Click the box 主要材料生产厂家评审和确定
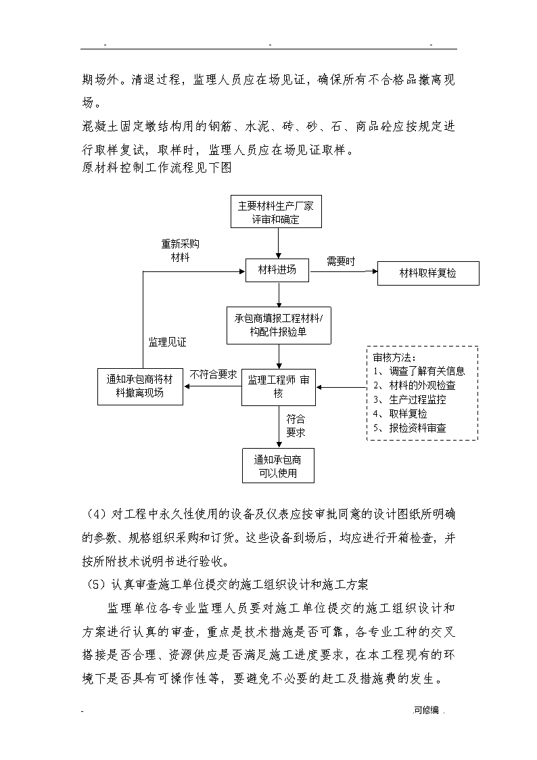coord(276,212)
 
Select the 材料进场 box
coord(277,270)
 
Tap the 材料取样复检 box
coord(428,273)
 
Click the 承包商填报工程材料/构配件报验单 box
coord(279,326)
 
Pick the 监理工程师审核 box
coord(279,387)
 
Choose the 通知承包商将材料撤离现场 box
coord(140,386)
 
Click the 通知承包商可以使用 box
coord(278,466)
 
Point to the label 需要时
coord(341,262)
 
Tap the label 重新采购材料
coord(180,250)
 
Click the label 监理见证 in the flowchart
coord(167,342)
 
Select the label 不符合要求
coord(213,375)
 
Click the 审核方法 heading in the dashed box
coord(394,358)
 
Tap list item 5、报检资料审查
coord(410,428)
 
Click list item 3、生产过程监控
coord(410,400)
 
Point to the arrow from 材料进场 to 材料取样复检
coord(344,271)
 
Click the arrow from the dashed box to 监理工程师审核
coord(342,387)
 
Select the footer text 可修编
coord(427,711)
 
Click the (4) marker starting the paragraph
coord(96,514)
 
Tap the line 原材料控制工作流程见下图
coord(157,168)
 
